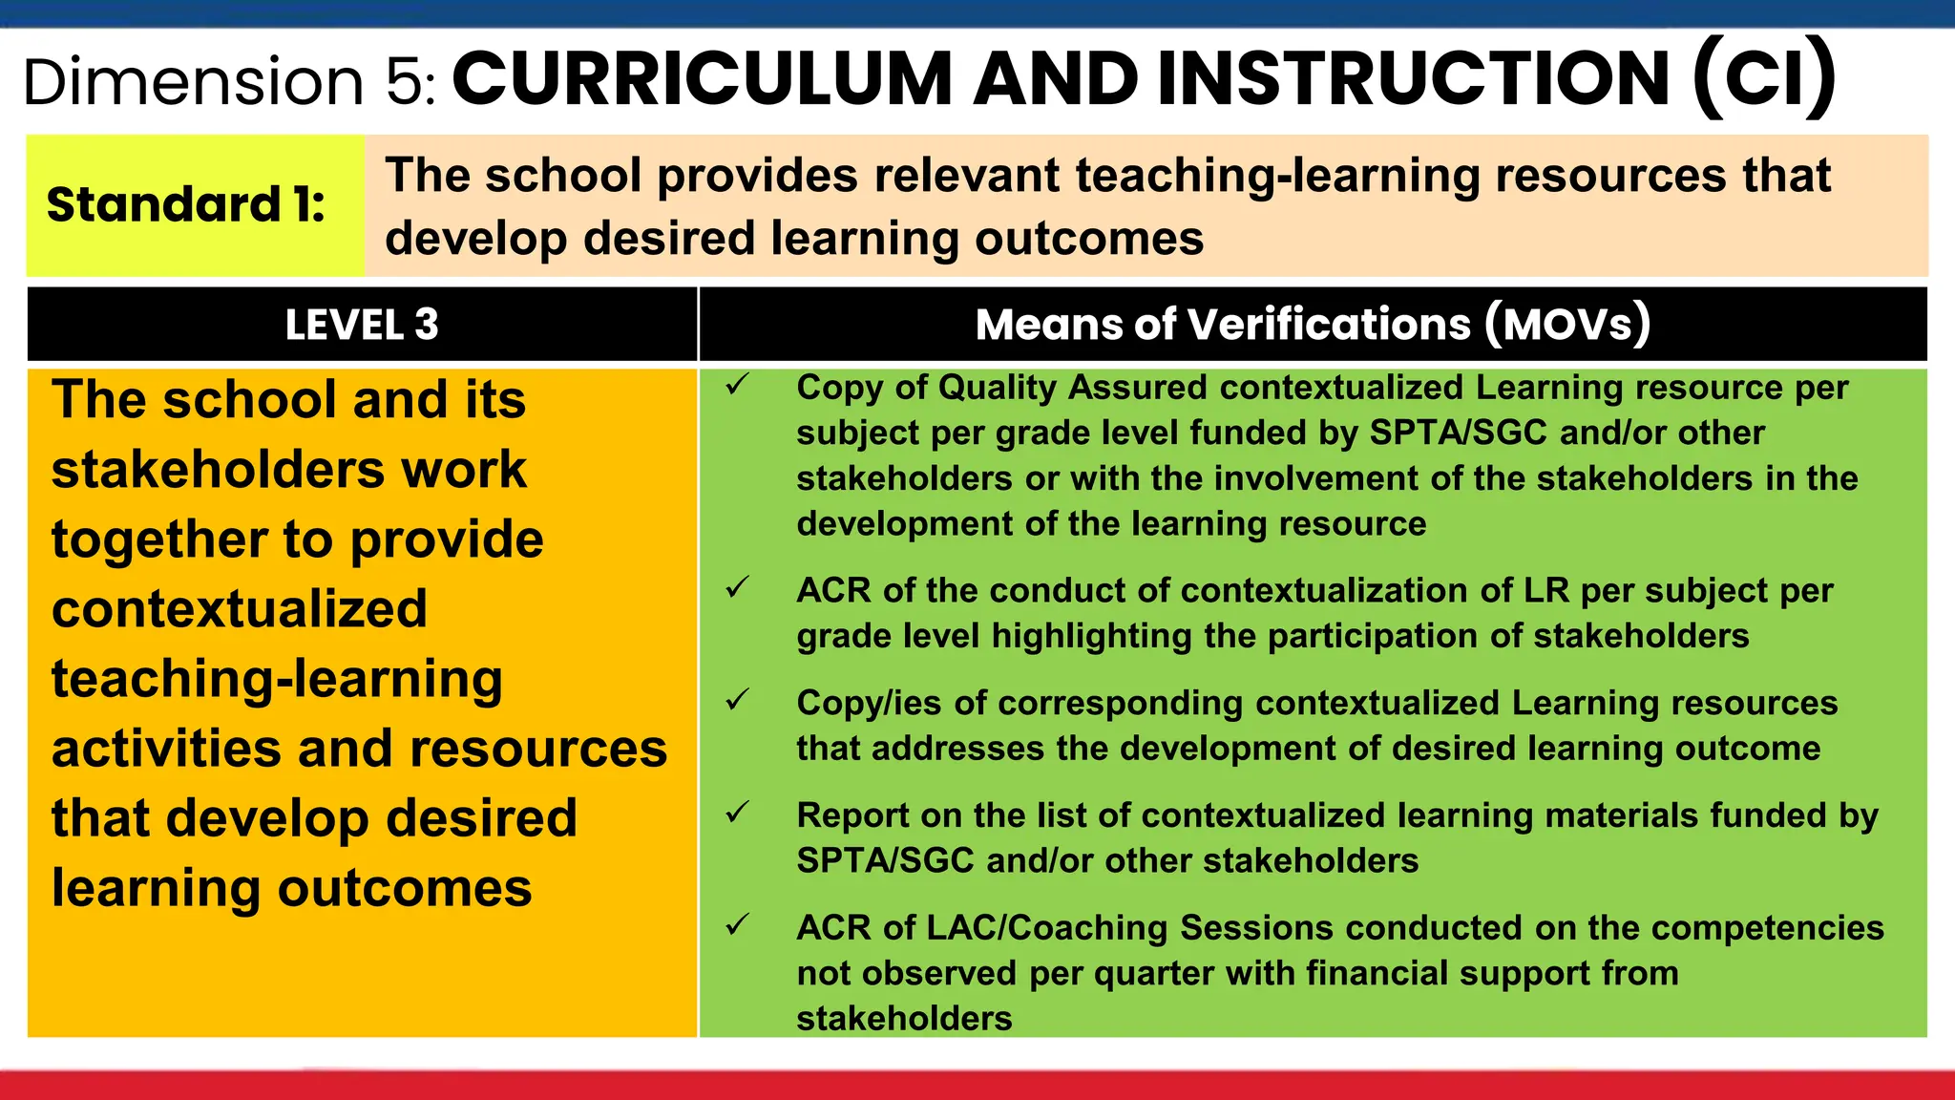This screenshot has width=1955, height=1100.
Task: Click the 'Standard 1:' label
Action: (186, 205)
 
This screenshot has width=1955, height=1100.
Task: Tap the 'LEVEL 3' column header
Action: (362, 325)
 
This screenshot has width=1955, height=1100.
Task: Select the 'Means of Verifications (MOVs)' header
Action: (1313, 325)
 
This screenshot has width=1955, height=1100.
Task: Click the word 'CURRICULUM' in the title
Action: (702, 79)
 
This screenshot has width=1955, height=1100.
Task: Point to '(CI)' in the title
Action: (1764, 79)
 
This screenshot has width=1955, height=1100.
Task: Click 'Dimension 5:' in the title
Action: (229, 81)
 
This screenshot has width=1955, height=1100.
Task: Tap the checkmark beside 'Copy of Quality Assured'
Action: (737, 385)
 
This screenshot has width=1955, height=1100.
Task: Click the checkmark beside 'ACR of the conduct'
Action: (737, 587)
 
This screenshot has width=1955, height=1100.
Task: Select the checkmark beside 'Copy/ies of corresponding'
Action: (737, 700)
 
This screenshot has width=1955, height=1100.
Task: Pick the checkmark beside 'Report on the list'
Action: (737, 813)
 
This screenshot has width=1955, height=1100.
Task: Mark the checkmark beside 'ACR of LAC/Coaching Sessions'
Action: (737, 924)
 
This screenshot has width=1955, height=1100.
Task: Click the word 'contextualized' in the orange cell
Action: (239, 609)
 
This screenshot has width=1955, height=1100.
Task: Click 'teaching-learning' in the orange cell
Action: (277, 679)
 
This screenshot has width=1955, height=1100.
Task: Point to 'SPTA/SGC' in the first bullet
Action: (1458, 433)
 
